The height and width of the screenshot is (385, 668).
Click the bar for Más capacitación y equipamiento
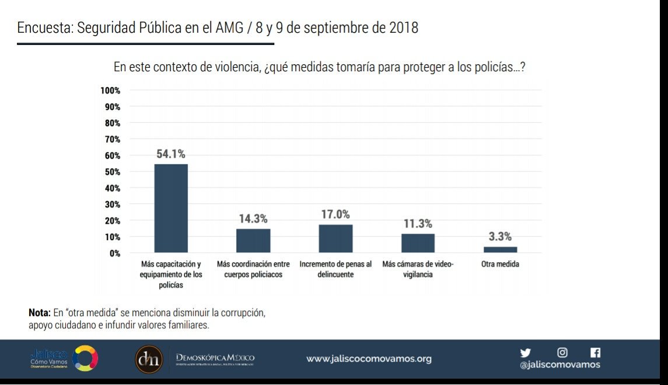[x=171, y=209]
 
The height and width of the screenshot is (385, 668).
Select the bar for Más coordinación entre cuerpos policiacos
[x=253, y=241]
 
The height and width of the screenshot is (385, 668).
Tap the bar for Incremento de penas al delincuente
[x=335, y=238]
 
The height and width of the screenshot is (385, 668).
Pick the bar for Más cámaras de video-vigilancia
[x=418, y=243]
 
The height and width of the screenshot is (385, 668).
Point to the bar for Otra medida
[x=500, y=249]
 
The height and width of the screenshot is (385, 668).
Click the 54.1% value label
[x=171, y=154]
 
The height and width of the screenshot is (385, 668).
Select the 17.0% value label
[x=335, y=214]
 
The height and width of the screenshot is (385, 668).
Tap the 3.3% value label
[x=500, y=237]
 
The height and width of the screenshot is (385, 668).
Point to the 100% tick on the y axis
[x=110, y=91]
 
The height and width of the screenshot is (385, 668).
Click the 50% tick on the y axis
[x=112, y=172]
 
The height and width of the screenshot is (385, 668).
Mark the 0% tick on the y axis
[x=114, y=253]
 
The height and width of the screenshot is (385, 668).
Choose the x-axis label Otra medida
[x=500, y=264]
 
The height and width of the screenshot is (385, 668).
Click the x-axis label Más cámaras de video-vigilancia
[x=418, y=269]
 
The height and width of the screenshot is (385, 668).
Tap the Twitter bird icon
[x=526, y=353]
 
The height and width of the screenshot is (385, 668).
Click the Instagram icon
[x=562, y=352]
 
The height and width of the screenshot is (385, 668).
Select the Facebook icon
[x=595, y=352]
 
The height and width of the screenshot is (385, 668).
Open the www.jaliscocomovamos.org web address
[x=369, y=359]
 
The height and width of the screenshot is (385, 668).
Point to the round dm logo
[x=149, y=359]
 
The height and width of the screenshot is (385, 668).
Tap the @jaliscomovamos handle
[x=559, y=365]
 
